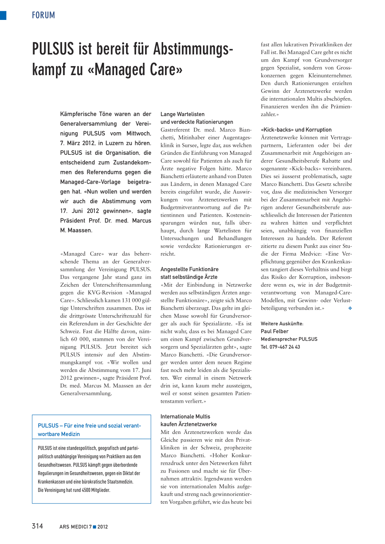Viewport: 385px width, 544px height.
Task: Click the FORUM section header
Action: (x=43, y=15)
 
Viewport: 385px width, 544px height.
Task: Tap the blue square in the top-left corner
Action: (x=3, y=15)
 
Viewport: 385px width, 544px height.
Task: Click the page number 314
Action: (x=38, y=526)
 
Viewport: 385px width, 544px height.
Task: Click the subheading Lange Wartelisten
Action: (x=182, y=114)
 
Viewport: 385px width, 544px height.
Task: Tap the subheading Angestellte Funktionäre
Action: (x=189, y=269)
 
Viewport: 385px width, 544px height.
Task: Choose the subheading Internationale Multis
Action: (x=185, y=417)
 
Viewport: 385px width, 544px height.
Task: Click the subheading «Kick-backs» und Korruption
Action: (x=296, y=130)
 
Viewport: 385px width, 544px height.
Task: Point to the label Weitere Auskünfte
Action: (x=282, y=324)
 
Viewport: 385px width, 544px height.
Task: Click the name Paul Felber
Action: (x=274, y=331)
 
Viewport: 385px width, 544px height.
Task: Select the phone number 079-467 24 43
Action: (x=285, y=347)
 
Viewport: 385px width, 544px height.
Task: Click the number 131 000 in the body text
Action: (x=131, y=300)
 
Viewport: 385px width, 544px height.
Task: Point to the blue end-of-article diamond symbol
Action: (x=350, y=308)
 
